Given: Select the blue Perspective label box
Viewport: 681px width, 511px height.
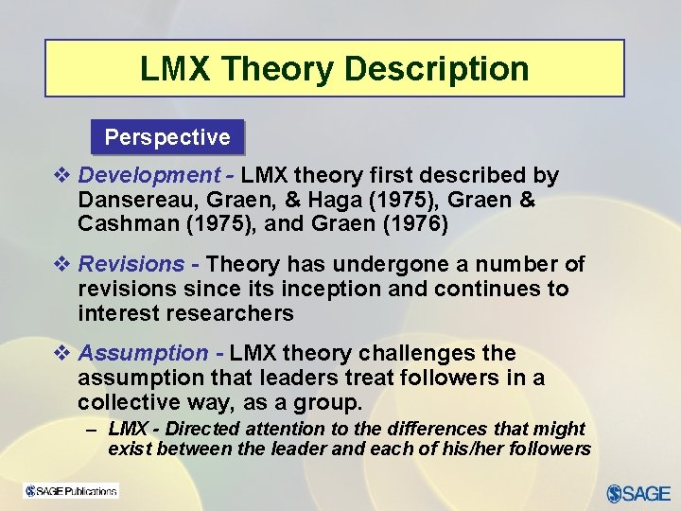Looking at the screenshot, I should pyautogui.click(x=167, y=137).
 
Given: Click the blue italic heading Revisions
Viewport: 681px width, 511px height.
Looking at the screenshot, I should pyautogui.click(x=131, y=264).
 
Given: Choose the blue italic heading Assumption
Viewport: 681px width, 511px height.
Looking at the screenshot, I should pyautogui.click(x=143, y=353).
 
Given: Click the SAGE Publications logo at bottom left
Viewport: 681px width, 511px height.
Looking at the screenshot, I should pyautogui.click(x=71, y=491).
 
